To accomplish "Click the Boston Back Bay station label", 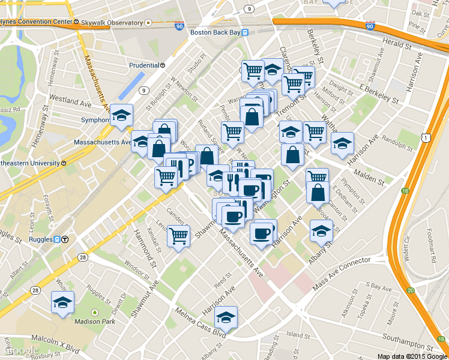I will pyautogui.click(x=214, y=32).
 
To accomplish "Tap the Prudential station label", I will pyautogui.click(x=145, y=65).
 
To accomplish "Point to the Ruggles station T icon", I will pyautogui.click(x=65, y=239).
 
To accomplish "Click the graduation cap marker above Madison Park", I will pyautogui.click(x=62, y=303).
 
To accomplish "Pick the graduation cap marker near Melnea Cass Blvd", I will pyautogui.click(x=226, y=317).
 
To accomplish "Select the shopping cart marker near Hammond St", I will pyautogui.click(x=178, y=236).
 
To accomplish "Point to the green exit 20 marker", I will pyautogui.click(x=411, y=290).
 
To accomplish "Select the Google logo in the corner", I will pyautogui.click(x=22, y=350).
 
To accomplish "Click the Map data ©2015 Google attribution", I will pyautogui.click(x=412, y=356).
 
